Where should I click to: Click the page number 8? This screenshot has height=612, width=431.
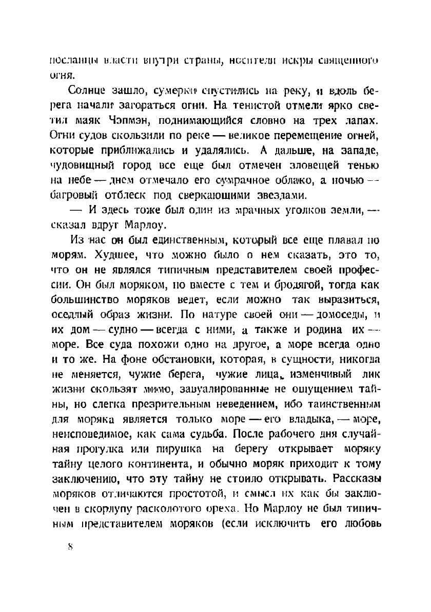tap(70, 547)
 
